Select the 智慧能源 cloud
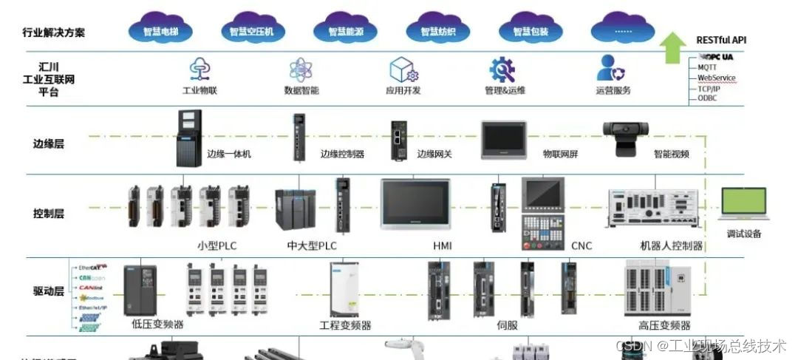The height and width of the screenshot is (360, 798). pos(347,30)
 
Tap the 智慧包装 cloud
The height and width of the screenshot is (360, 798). pos(531,30)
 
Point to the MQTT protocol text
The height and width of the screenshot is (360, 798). pos(707,67)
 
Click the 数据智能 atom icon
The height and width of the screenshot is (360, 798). pos(301,69)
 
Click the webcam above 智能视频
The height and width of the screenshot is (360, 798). pos(628,138)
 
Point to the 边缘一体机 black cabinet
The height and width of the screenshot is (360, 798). pos(189,138)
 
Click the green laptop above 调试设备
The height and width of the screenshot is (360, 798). pos(742,205)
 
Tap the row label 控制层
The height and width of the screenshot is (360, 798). pos(49,214)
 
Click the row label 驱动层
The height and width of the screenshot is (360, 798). pos(49,291)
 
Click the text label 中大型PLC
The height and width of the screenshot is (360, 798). pos(312,245)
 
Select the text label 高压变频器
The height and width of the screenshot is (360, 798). pos(664,325)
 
